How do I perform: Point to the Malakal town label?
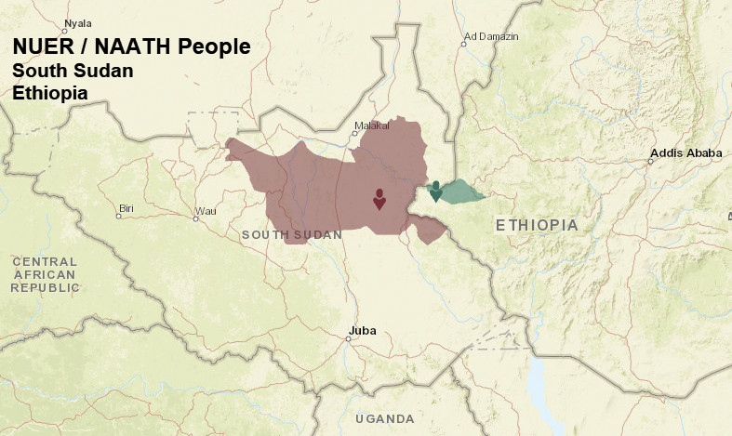click(371, 124)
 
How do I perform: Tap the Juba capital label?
click(362, 330)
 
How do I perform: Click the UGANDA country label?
click(385, 419)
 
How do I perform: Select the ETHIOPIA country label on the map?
click(537, 226)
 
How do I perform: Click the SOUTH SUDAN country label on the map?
click(291, 235)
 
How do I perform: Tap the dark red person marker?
click(379, 199)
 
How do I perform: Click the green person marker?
click(435, 191)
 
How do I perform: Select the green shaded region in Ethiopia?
click(462, 192)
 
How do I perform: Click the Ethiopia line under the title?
click(50, 93)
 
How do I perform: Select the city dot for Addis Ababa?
click(650, 161)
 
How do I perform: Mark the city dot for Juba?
click(348, 338)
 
